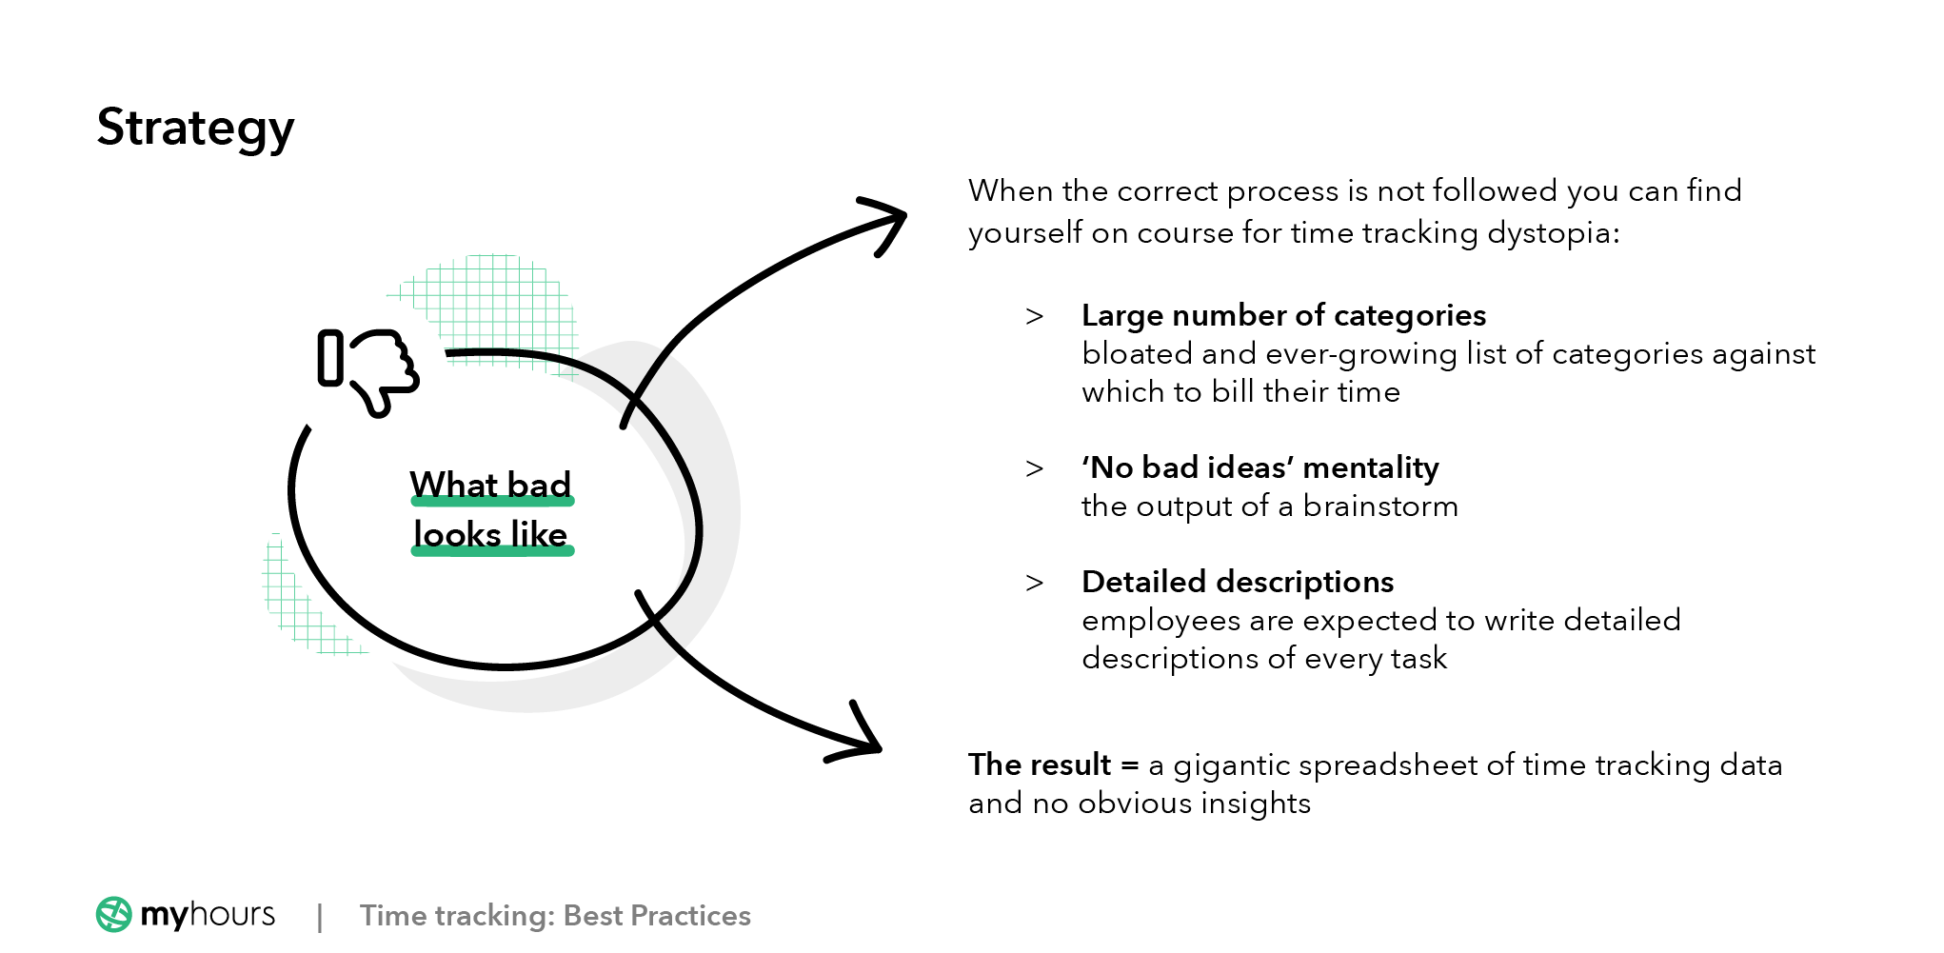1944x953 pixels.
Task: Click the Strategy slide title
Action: tap(195, 129)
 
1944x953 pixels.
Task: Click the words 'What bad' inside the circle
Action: tap(490, 485)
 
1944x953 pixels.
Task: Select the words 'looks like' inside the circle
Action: tap(490, 534)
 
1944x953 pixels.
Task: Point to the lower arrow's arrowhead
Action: tap(866, 743)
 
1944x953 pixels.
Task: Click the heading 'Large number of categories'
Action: tap(1283, 315)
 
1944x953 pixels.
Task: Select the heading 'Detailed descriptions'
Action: tap(1238, 582)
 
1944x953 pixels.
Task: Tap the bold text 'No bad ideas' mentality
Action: tap(1260, 467)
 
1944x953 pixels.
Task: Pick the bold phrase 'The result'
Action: tap(1040, 764)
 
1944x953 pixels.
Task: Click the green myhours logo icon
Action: tap(114, 915)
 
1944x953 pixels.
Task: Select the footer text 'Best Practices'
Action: tap(657, 916)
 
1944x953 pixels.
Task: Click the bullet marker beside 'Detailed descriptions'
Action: tap(1035, 583)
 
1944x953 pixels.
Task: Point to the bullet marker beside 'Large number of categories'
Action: tap(1035, 316)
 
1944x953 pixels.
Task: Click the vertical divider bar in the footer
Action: tap(320, 917)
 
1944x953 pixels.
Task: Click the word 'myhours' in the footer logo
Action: tap(208, 915)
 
